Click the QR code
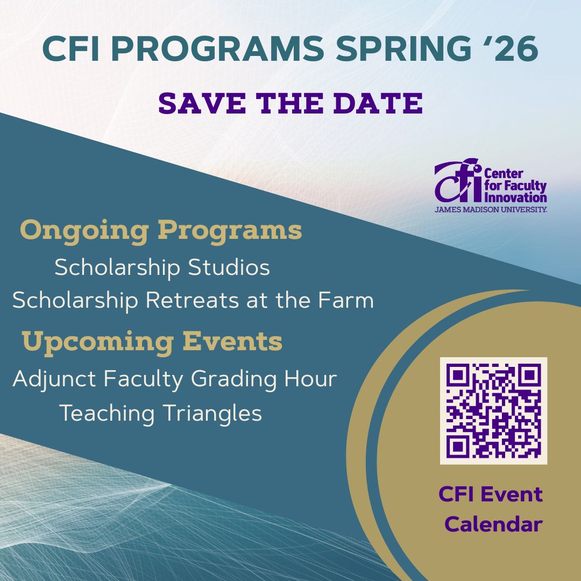click(x=493, y=410)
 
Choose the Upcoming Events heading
click(x=152, y=342)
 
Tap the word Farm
click(x=348, y=300)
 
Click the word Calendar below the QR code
click(x=493, y=524)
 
